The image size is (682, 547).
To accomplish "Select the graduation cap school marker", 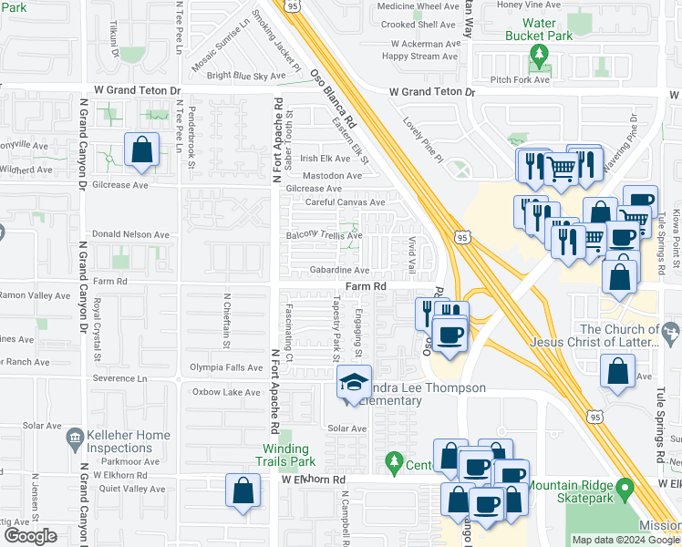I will (x=355, y=383).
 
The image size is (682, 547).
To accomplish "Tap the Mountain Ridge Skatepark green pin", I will (x=625, y=491).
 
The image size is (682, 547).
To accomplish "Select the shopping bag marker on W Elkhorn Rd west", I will (x=243, y=491).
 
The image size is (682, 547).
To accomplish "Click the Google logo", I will (x=30, y=536).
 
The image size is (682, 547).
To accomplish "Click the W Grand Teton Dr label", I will (x=432, y=92).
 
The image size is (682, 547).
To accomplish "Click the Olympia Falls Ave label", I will (x=225, y=368).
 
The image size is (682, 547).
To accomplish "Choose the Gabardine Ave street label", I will (x=338, y=270).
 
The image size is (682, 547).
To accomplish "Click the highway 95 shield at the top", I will (x=292, y=5).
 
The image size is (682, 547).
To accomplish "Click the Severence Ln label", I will (x=116, y=377).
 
